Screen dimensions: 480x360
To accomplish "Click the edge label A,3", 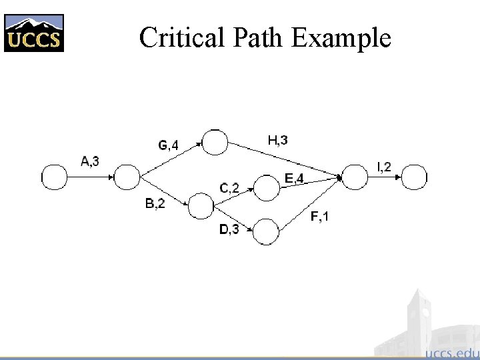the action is click(x=90, y=161).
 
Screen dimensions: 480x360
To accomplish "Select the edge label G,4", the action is click(x=168, y=145).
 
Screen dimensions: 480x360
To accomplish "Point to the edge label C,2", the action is click(x=229, y=188).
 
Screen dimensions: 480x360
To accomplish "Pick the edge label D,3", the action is click(x=229, y=230).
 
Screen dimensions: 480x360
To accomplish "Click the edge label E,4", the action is click(x=295, y=178).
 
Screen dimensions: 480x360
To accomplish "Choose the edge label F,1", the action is click(x=319, y=217).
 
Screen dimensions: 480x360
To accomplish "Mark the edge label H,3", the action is click(x=278, y=140).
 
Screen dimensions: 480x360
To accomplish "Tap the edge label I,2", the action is click(x=385, y=167).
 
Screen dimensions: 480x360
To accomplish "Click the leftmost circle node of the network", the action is click(x=55, y=177).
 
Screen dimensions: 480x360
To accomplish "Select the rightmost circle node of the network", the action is click(x=415, y=177).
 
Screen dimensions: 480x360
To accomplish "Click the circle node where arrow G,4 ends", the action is click(x=215, y=142).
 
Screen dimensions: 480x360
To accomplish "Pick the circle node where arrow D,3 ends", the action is click(x=266, y=231).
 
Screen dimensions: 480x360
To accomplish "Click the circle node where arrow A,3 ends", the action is click(x=127, y=177).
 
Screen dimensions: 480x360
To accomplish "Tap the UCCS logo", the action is click(x=34, y=33).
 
